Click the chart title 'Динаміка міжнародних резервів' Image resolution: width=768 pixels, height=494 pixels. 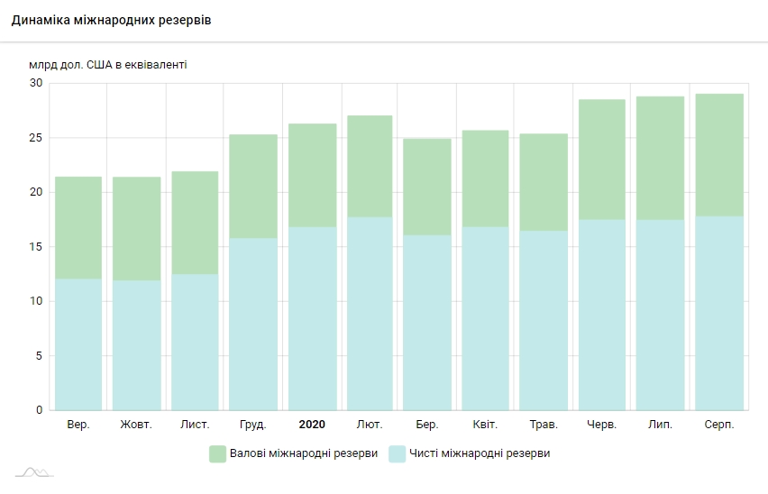[112, 20]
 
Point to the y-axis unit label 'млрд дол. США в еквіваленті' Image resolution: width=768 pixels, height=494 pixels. [109, 64]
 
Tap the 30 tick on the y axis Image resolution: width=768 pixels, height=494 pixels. [36, 83]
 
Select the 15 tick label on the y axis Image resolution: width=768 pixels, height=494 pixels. [36, 247]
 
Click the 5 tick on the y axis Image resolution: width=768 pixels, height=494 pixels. [39, 356]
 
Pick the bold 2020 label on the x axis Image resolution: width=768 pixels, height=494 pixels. [312, 425]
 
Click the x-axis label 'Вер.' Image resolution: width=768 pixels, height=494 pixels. [78, 425]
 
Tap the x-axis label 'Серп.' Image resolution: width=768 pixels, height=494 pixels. [718, 425]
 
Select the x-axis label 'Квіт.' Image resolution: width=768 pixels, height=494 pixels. [486, 425]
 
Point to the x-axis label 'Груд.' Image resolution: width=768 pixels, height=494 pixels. [253, 425]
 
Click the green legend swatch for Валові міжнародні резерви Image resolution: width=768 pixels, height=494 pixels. [217, 453]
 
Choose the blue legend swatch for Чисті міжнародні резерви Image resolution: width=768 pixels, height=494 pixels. [397, 453]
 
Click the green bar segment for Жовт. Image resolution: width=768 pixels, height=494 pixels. [136, 228]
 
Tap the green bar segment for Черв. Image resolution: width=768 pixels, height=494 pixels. [602, 159]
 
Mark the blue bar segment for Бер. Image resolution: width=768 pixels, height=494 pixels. [427, 322]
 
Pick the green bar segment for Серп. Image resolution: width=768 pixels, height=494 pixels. [718, 154]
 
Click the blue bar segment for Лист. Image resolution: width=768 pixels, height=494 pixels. [195, 342]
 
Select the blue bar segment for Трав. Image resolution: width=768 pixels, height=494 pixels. [544, 320]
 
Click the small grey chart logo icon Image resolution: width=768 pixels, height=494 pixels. [34, 471]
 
